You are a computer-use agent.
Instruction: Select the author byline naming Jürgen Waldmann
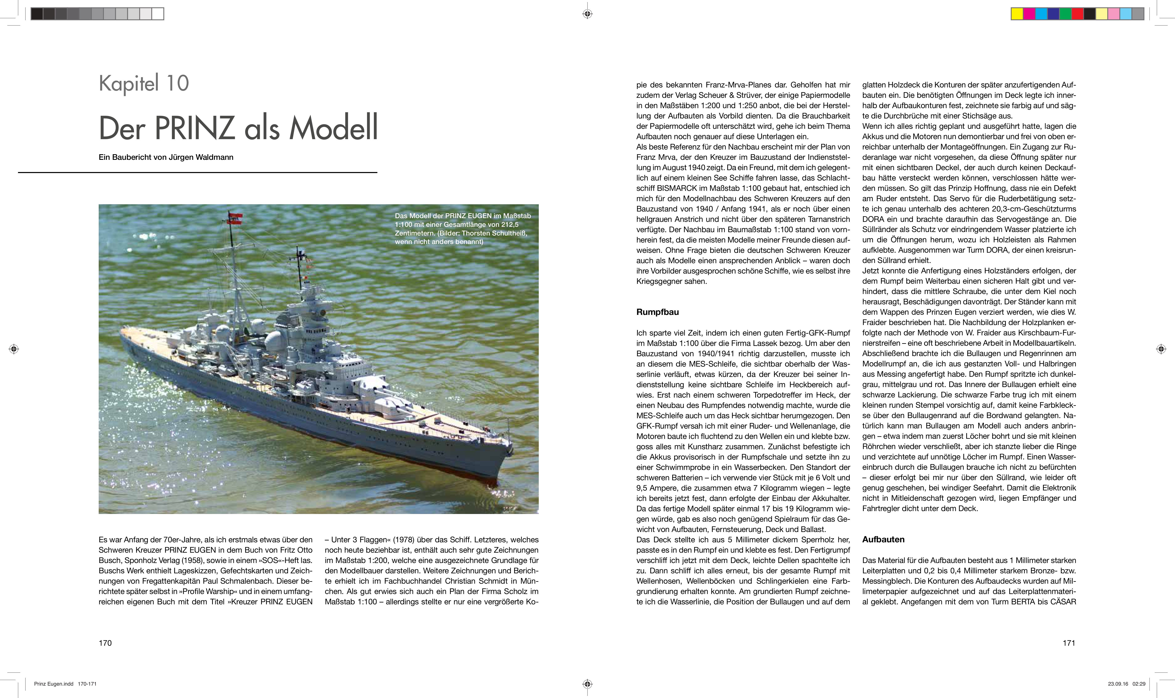(x=166, y=157)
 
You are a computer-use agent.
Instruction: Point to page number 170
(x=105, y=643)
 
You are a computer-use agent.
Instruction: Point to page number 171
(x=1069, y=643)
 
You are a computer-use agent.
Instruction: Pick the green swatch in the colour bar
(x=1065, y=14)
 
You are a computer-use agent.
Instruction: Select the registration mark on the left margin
(x=14, y=349)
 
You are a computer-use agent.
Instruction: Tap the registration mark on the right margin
(x=1161, y=349)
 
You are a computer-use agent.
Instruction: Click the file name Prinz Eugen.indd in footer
(x=53, y=684)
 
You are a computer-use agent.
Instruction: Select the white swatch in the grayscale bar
(x=158, y=14)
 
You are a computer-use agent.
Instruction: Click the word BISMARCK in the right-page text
(x=677, y=188)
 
